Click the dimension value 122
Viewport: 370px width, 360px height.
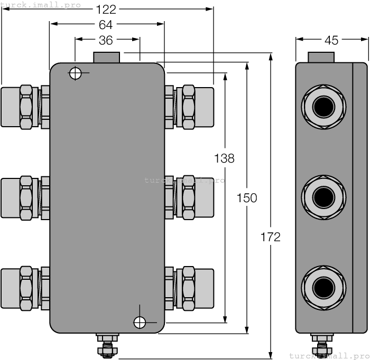click(106, 9)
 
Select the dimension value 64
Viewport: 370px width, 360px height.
click(106, 24)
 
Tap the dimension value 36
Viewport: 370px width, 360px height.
click(106, 40)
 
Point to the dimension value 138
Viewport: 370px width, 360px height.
click(224, 158)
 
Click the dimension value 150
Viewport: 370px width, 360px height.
click(247, 198)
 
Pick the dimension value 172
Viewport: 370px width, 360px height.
click(270, 237)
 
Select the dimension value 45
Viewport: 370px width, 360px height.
click(331, 40)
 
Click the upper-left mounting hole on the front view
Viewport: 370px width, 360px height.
click(76, 73)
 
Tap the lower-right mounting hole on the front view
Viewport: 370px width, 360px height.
click(140, 322)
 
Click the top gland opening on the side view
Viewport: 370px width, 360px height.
click(323, 107)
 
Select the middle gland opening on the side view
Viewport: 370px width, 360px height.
click(323, 197)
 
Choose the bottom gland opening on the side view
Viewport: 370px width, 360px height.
click(323, 288)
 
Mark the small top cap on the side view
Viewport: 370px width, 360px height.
click(321, 57)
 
